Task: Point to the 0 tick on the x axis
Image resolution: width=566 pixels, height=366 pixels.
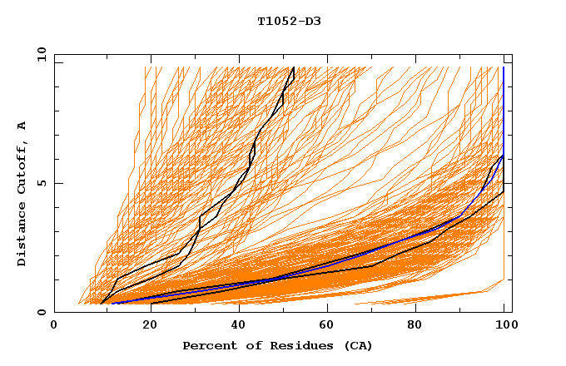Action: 54,325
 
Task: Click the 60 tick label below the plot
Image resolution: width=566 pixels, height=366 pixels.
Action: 330,325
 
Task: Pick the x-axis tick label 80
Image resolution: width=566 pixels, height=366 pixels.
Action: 420,325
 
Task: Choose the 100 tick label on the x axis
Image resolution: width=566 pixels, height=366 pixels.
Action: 504,325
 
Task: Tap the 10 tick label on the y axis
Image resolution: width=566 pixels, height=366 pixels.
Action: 40,54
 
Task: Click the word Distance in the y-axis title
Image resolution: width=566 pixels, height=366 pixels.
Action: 22,235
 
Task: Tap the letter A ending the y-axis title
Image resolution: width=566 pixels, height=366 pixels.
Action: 22,125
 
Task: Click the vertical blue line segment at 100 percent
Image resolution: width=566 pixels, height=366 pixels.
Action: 504,108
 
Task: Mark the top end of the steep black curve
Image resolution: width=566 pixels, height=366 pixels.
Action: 294,67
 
